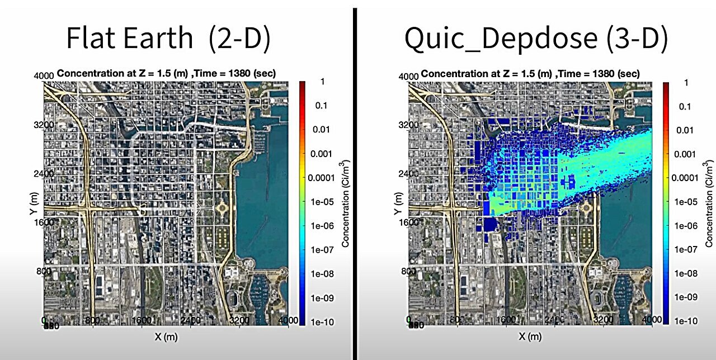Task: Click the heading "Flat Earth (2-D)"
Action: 168,38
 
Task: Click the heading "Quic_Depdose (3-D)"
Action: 536,38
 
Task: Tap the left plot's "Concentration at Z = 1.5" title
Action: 166,73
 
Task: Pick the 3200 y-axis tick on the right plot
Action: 409,125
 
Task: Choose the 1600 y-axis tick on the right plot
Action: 409,222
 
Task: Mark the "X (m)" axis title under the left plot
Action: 166,337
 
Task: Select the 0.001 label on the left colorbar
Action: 320,154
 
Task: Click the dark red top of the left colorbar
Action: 302,85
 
